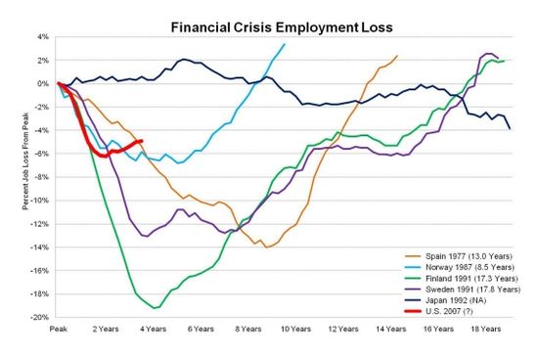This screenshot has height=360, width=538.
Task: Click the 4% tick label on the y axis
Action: pyautogui.click(x=44, y=37)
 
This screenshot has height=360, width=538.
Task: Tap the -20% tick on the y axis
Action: pyautogui.click(x=41, y=317)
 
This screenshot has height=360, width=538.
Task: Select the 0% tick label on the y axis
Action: pyautogui.click(x=44, y=84)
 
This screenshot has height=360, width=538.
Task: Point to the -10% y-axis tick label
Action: pyautogui.click(x=41, y=201)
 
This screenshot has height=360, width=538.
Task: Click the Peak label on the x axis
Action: pyautogui.click(x=58, y=331)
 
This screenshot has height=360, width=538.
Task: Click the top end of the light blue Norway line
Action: pyautogui.click(x=285, y=44)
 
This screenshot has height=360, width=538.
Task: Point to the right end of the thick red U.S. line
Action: pyautogui.click(x=143, y=141)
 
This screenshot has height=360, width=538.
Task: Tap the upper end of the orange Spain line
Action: pyautogui.click(x=397, y=56)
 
